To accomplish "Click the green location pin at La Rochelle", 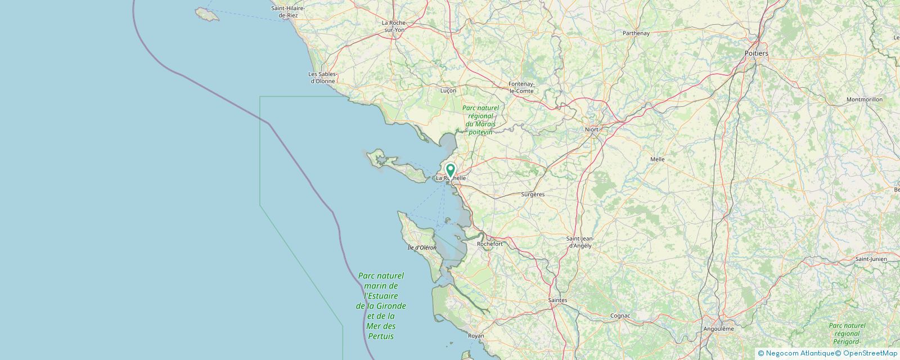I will pos(451,170).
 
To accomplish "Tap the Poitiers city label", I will pos(756,53).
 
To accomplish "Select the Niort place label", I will pos(592,129).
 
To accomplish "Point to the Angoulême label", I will pos(718,328).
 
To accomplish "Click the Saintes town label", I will pos(557,300).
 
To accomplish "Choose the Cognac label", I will pos(619,316).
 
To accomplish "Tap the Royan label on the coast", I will pos(476,336).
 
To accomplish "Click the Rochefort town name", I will pos(489,244).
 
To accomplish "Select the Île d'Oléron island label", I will pos(422,247).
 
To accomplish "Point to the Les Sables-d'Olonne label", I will pos(323,78).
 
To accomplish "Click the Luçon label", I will pos(448,90).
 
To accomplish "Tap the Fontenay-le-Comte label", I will pos(521,87).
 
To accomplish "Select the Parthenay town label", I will pos(636,33).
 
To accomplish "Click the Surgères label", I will pos(533,194).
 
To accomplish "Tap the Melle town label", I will pos(657,159).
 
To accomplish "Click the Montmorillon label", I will pos(864,100).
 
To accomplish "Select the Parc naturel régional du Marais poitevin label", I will pos(480,120).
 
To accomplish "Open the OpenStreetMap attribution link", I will pos(866,353).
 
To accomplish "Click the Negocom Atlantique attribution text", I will pos(795,353).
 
